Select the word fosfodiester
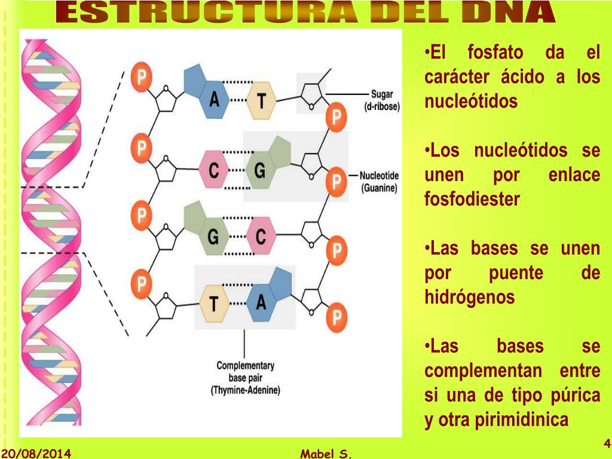pos(472,199)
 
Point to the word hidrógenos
pos(469,297)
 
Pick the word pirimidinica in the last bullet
pos(522,420)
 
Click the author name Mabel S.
pos(326,454)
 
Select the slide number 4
pos(606,443)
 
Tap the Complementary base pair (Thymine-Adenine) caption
pos(245,378)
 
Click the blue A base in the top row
pos(213,99)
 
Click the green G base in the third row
pos(212,237)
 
